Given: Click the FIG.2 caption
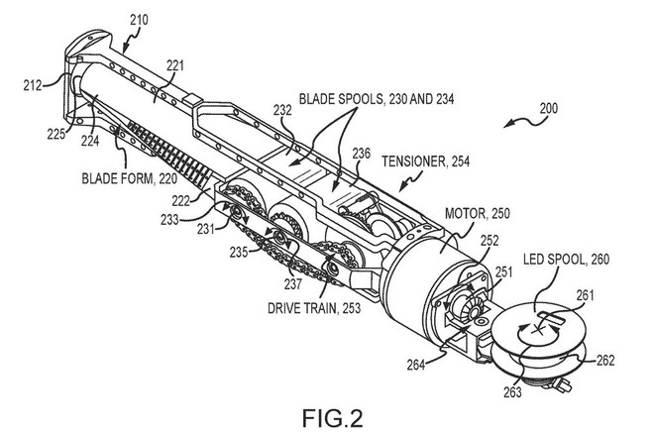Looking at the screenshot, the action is tap(332, 418).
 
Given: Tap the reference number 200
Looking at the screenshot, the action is tap(549, 108).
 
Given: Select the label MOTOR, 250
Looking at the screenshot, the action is tap(478, 213).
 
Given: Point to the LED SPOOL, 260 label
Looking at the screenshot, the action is tap(566, 259).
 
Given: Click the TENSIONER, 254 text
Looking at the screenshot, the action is tap(425, 162).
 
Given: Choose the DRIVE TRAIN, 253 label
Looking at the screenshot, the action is tap(314, 308).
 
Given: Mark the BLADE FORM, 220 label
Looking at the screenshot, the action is tap(129, 178).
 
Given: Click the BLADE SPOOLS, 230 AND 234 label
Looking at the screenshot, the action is tap(377, 99).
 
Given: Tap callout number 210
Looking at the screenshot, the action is tap(139, 20).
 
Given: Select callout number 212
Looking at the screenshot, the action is tap(33, 85).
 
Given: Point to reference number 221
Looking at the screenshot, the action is tap(175, 65).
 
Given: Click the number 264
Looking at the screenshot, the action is tap(416, 365).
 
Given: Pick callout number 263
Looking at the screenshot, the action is tap(512, 392).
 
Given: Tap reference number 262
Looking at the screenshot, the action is tap(605, 360).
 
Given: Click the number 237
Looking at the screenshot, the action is tap(292, 284).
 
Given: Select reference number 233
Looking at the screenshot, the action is tap(169, 219).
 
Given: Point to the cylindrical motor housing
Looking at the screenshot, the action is tap(430, 275).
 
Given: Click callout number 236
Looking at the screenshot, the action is tap(362, 154).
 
